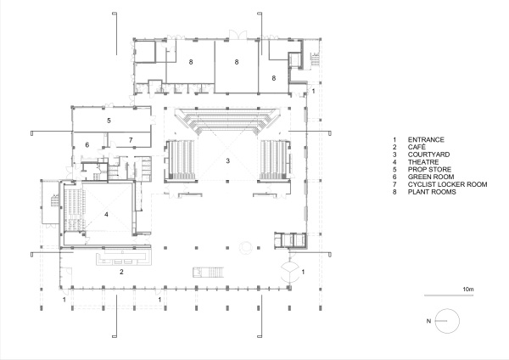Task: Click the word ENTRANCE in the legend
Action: click(426, 140)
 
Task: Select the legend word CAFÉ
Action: click(417, 147)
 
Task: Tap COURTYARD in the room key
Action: click(428, 155)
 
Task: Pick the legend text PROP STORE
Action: click(429, 170)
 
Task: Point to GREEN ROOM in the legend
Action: click(431, 177)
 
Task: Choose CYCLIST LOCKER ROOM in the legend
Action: click(448, 184)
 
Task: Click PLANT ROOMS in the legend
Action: click(432, 192)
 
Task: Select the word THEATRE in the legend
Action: click(423, 162)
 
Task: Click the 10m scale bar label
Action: click(468, 290)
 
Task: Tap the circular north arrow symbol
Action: click(447, 321)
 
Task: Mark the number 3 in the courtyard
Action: click(228, 160)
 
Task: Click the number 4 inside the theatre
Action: click(106, 215)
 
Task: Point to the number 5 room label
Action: click(109, 121)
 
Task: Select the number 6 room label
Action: click(87, 145)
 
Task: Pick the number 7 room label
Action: click(131, 140)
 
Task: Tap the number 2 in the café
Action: click(121, 272)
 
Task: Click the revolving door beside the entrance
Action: click(289, 272)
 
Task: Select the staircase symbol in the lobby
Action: click(209, 273)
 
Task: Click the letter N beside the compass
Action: click(428, 321)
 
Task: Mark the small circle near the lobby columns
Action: click(246, 248)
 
